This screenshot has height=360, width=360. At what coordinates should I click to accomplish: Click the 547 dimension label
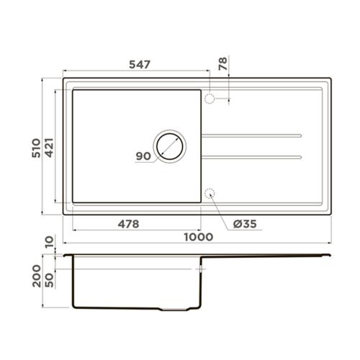click(140, 64)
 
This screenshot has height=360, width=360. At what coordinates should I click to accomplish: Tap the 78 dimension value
click(223, 63)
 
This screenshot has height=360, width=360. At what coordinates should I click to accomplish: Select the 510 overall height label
click(36, 148)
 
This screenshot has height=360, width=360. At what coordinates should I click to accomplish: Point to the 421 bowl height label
click(49, 148)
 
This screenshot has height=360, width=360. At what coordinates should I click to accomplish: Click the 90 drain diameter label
click(143, 156)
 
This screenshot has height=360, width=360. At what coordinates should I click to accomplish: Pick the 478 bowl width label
click(128, 224)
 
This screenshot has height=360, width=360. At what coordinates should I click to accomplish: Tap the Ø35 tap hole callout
click(245, 224)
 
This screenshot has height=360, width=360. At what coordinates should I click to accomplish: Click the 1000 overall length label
click(199, 237)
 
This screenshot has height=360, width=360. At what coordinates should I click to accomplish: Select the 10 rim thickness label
click(49, 242)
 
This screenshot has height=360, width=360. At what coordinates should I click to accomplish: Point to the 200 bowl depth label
click(37, 276)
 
